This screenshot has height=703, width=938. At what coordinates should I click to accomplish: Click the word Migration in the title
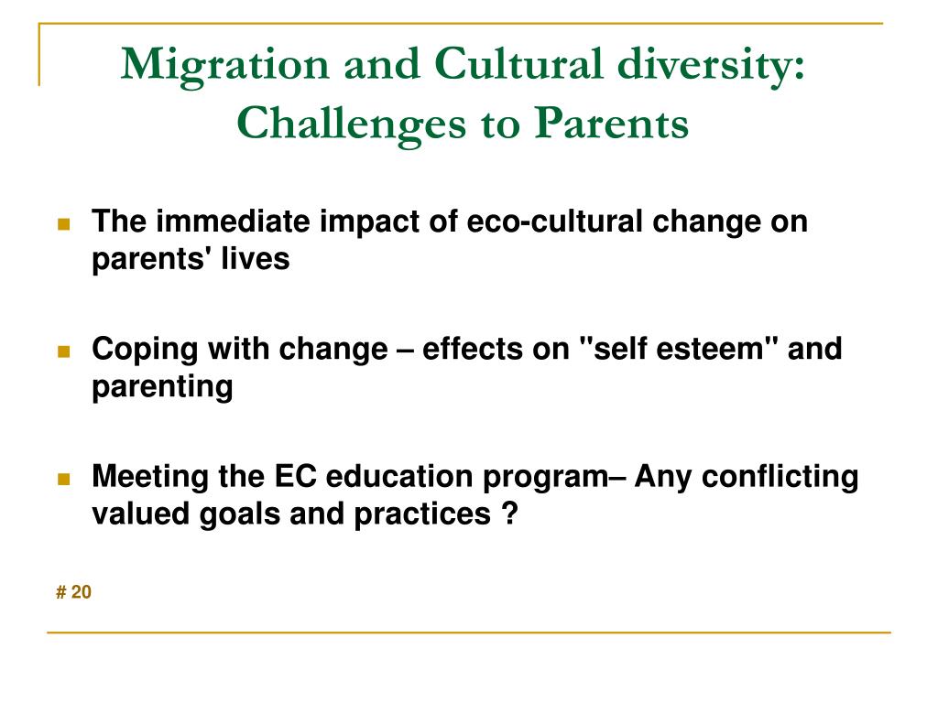pos(225,66)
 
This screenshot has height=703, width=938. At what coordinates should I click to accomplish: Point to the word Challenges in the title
pos(351,124)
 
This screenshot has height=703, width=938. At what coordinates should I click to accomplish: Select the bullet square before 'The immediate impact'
pos(64,224)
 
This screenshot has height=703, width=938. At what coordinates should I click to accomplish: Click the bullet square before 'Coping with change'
pos(64,351)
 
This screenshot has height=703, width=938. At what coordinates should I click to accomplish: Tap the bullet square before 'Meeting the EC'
pos(64,479)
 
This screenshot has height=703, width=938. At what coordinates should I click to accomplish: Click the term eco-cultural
pos(554,222)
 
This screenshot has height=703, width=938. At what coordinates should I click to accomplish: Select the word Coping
pos(145,350)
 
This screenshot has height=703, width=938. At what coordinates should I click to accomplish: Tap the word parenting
pos(162,387)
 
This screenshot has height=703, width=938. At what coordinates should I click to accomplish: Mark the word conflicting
pos(780,478)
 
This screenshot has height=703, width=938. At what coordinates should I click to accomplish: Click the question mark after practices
pos(509,514)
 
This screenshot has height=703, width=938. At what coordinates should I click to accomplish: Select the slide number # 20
pos(73,592)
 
